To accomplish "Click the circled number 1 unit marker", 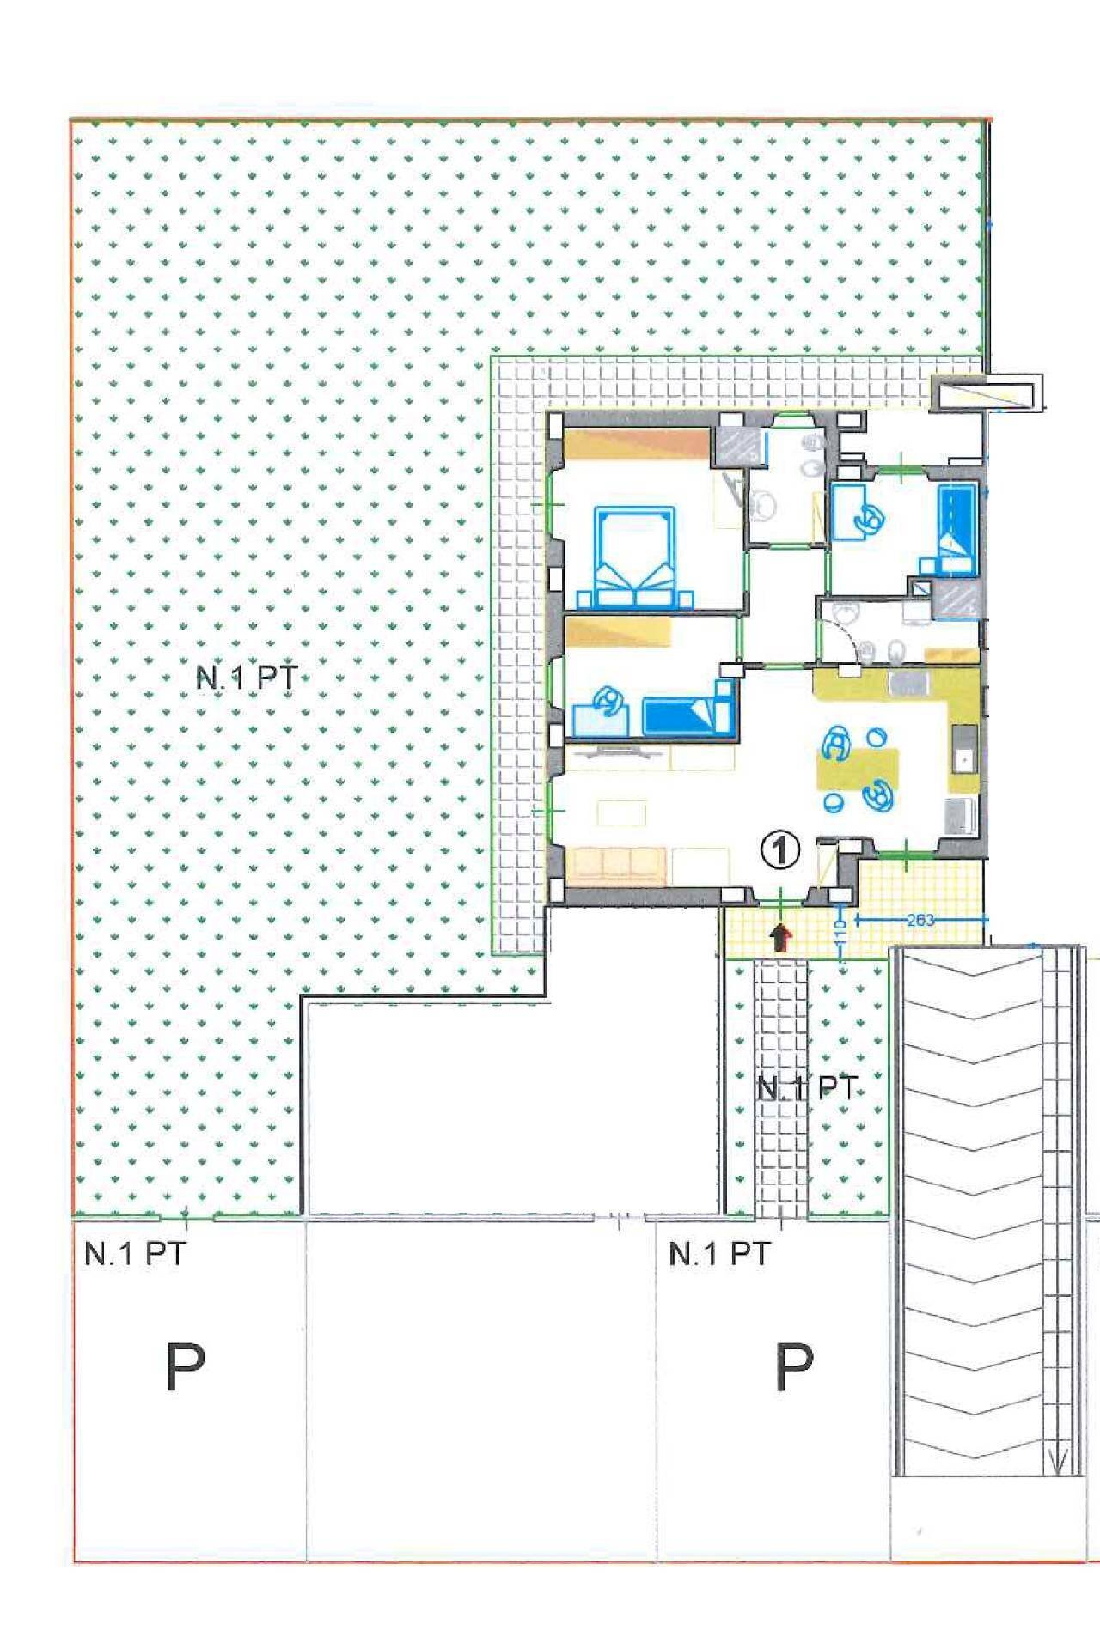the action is (780, 850).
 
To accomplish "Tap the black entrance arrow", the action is (780, 937).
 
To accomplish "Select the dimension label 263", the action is (920, 920).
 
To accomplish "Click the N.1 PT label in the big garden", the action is (247, 678).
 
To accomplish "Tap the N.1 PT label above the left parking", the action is (134, 1254).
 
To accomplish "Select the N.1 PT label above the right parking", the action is (719, 1254).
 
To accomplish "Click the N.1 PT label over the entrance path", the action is (808, 1088).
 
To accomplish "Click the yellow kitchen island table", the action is (858, 769).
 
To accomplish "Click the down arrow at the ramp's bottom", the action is (1060, 1460).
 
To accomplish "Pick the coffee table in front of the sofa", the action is (622, 812).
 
